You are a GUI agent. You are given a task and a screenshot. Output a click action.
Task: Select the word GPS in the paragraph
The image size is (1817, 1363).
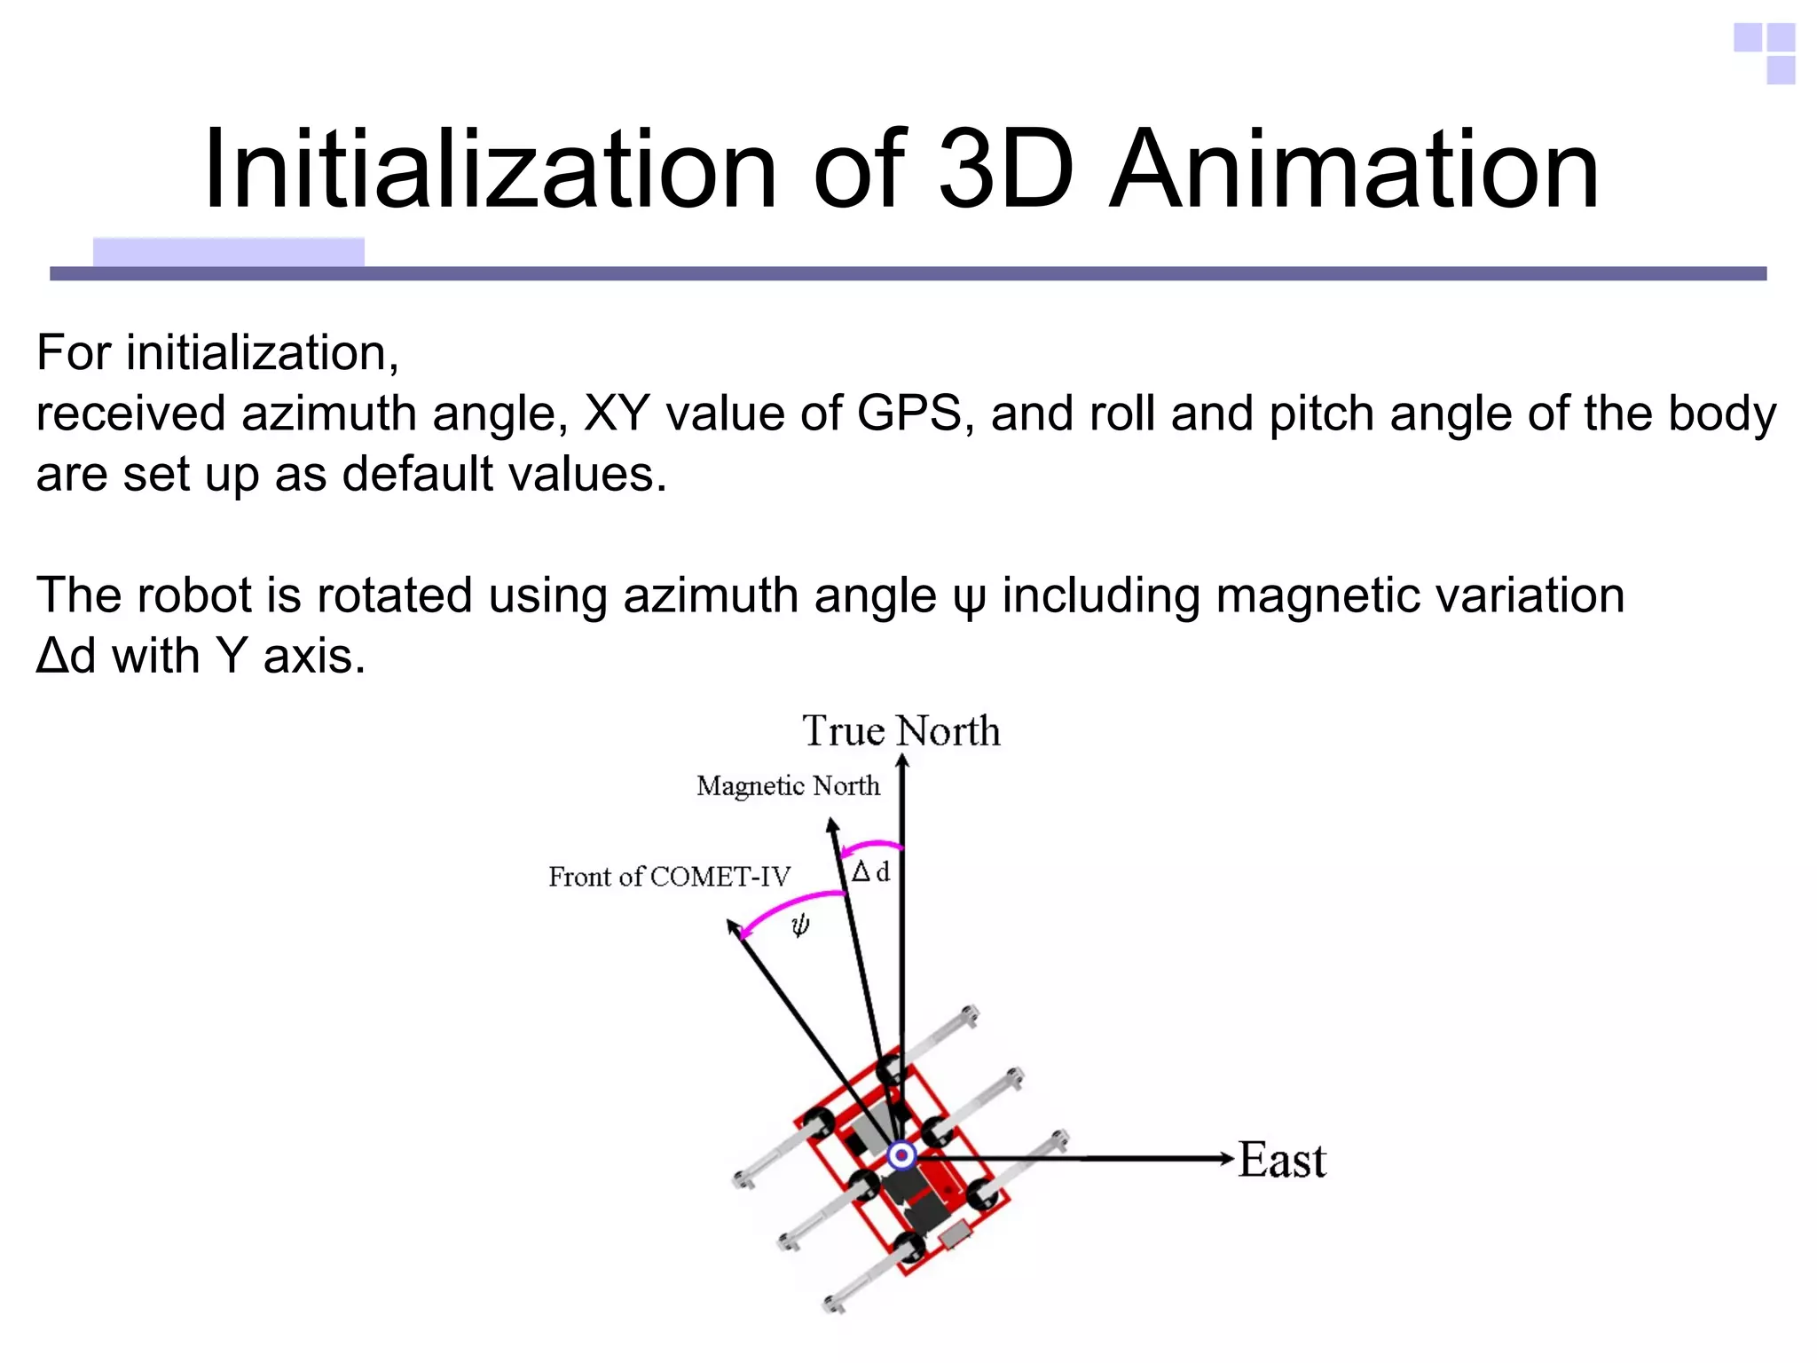click(x=909, y=414)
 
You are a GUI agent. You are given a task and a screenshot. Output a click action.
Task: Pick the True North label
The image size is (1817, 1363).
click(x=901, y=731)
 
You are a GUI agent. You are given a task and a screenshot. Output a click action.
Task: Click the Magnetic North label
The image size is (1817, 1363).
click(x=788, y=786)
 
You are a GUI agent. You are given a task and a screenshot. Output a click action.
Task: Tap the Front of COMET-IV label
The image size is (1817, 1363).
click(x=669, y=877)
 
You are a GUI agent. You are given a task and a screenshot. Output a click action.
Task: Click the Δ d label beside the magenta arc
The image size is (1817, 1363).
click(x=870, y=872)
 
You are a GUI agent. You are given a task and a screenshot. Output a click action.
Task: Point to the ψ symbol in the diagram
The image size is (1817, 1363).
click(x=800, y=926)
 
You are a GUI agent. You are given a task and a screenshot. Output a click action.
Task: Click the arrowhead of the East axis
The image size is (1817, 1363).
click(x=1227, y=1158)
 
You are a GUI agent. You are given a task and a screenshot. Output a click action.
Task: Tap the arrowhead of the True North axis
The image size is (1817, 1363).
click(x=902, y=760)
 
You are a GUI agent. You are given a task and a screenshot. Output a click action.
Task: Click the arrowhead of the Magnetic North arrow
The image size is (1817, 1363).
click(x=832, y=825)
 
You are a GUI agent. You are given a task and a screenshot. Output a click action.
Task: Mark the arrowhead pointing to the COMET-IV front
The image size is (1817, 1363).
click(x=733, y=927)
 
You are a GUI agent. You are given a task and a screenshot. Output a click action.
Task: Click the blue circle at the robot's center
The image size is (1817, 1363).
click(x=902, y=1155)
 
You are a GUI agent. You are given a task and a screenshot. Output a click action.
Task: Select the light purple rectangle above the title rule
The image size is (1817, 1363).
click(x=228, y=252)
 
